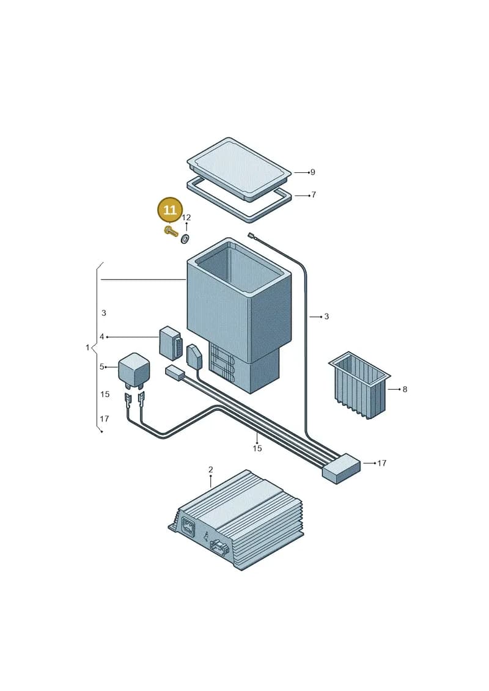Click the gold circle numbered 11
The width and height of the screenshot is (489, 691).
pos(170,210)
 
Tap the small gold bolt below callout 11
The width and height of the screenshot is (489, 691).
pos(170,231)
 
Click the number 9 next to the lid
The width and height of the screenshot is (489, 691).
pos(312,172)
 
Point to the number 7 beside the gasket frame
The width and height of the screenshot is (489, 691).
pos(314,195)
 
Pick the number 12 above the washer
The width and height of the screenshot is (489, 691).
pos(186,218)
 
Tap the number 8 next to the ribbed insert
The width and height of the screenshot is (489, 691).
pos(405,390)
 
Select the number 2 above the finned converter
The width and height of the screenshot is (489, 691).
pos(211,470)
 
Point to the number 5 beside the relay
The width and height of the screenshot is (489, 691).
pos(102,367)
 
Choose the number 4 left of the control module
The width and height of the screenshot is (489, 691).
pos(102,337)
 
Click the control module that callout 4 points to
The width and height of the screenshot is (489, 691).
pos(169,343)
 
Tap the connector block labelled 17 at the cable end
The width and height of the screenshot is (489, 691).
pos(341,469)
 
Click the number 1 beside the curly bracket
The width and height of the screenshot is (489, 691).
pos(87,348)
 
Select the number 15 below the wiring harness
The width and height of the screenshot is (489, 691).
pos(257,448)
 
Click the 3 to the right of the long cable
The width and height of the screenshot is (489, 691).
pos(326,316)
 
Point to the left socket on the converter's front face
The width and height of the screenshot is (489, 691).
pos(188,526)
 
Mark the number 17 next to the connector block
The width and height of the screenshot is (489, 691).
pos(382,463)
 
